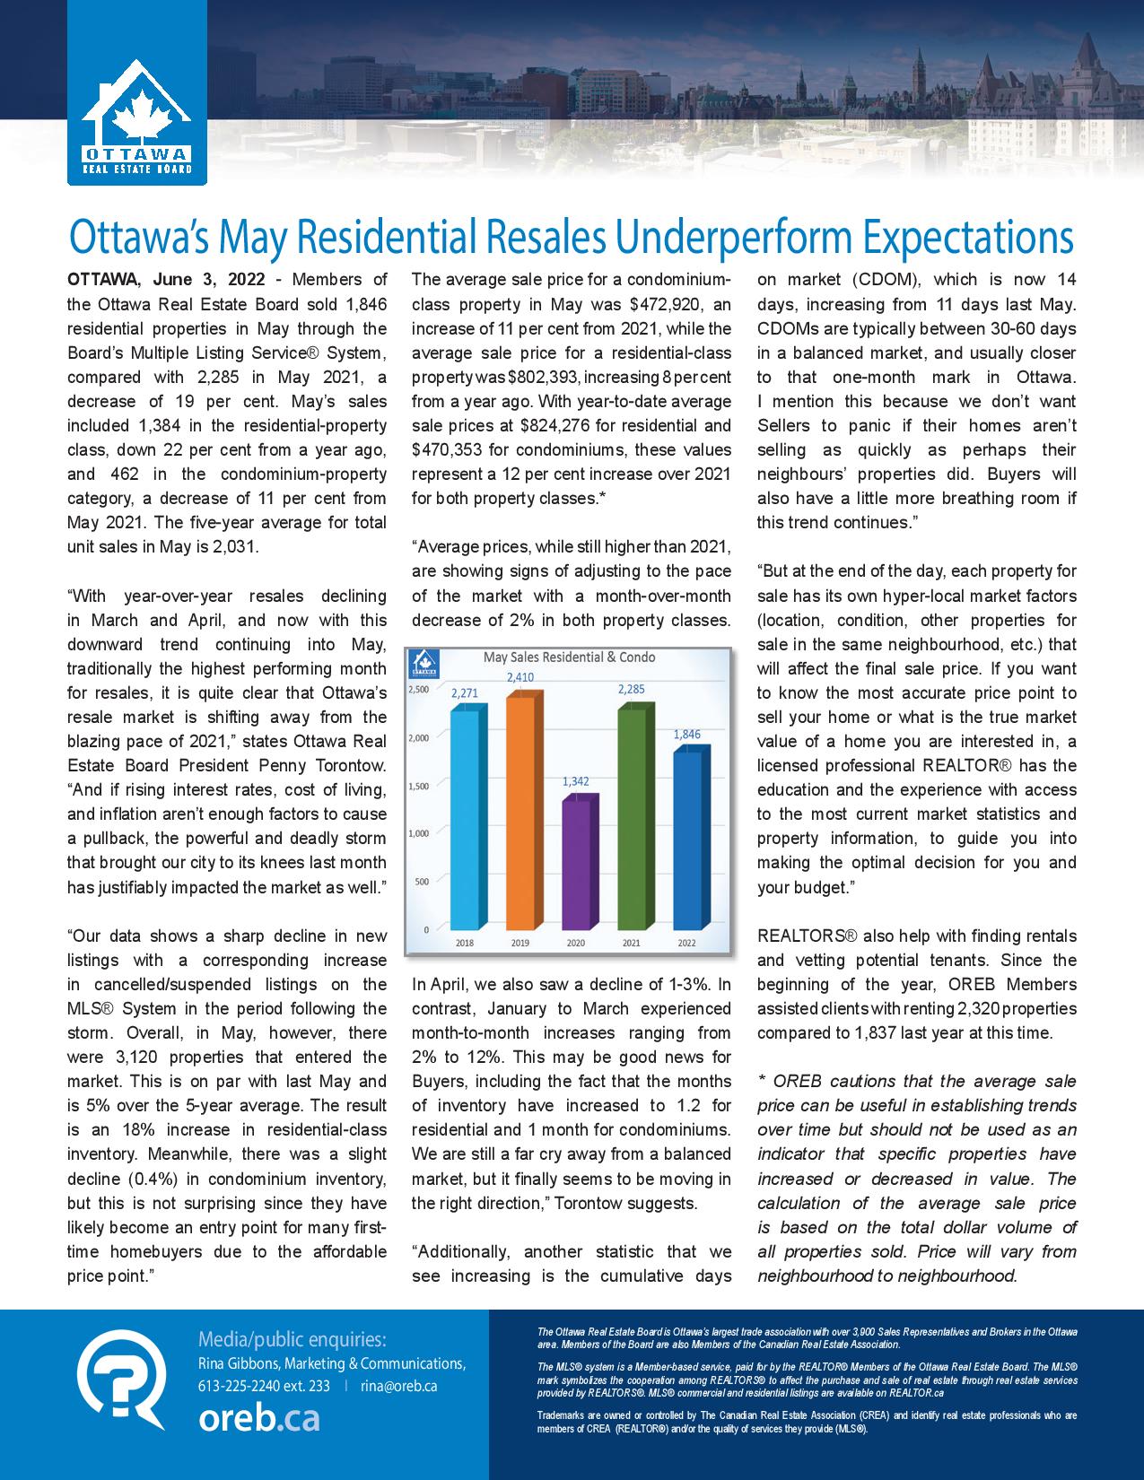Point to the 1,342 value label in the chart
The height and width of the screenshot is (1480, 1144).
576,781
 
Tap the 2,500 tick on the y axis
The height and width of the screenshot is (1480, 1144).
418,690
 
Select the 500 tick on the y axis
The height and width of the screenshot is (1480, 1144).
422,881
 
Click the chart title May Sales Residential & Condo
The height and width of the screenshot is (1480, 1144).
569,657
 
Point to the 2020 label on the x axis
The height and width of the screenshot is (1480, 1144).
576,943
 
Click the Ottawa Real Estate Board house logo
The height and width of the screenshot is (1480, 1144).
136,121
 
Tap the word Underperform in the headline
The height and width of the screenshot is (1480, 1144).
713,238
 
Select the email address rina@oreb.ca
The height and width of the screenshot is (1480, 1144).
399,1386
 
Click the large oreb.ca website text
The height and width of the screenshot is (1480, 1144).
258,1419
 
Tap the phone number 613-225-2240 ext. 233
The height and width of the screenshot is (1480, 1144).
264,1386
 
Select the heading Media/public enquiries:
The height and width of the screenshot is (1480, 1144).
293,1340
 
